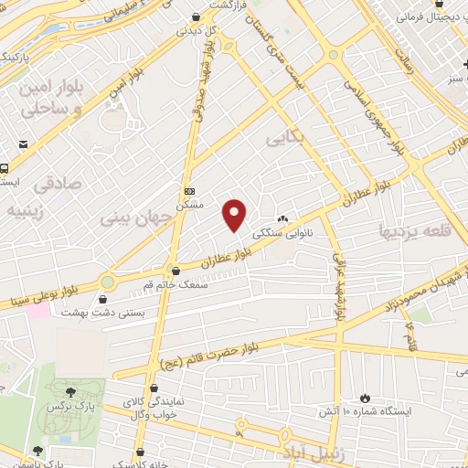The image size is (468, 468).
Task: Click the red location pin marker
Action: (235, 214)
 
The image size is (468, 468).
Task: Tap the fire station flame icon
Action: (365, 398)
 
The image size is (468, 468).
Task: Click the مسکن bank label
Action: (190, 206)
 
